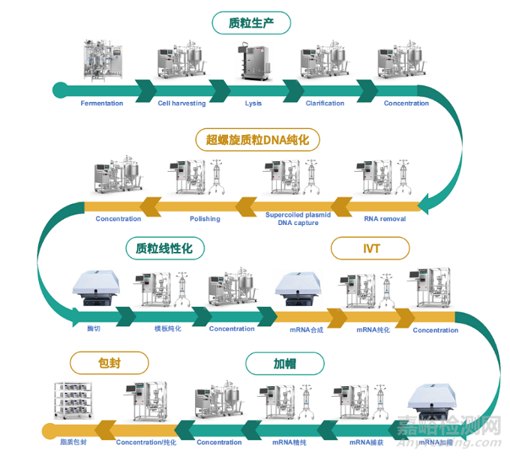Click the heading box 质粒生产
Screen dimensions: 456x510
250,23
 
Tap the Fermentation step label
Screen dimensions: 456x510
102,103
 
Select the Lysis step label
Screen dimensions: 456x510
253,103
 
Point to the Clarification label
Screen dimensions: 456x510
325,103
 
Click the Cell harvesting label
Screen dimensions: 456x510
181,103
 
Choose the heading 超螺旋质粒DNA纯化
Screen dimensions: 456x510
258,139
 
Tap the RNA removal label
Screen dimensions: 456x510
385,219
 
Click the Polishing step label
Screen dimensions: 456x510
205,219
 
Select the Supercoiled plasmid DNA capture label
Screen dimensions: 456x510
298,219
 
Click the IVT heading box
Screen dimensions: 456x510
370,248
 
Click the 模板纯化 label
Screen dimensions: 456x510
168,328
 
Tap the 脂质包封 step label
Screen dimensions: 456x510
73,442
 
